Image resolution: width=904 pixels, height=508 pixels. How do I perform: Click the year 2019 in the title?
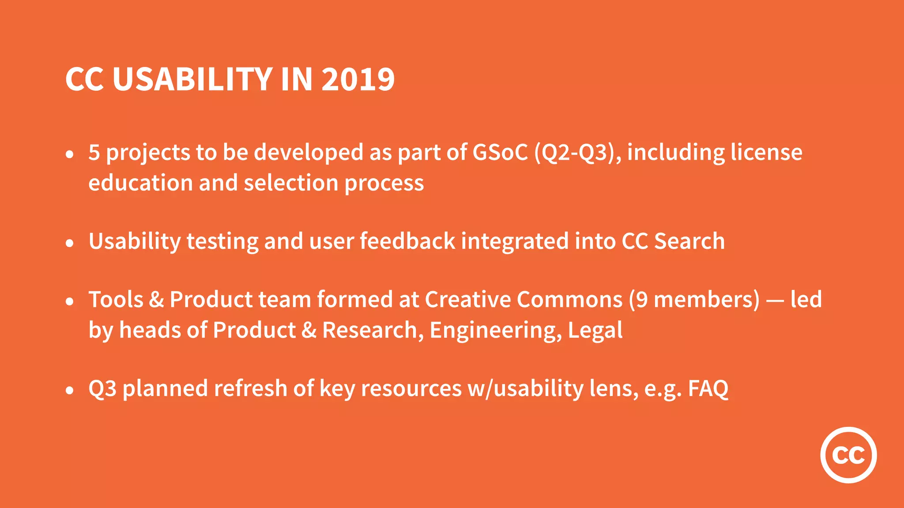tap(358, 79)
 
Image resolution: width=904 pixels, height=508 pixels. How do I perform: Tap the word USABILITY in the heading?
tap(192, 79)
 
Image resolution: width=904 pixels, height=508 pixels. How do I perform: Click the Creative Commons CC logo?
tap(848, 455)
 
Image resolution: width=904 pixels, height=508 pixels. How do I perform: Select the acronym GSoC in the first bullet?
tap(500, 152)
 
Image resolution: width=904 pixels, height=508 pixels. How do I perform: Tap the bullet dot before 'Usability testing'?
tap(69, 243)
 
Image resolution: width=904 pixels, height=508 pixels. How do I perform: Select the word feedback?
tap(407, 241)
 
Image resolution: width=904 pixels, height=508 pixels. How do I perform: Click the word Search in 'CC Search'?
tap(689, 241)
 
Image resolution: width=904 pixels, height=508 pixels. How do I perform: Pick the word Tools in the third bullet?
tap(116, 299)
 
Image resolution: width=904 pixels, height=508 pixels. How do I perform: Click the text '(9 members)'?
tap(694, 299)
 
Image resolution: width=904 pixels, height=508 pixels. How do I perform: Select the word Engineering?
tap(496, 331)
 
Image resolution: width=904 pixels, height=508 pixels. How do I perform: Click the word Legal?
tap(595, 331)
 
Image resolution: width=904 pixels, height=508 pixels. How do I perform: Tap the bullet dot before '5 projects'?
tap(69, 154)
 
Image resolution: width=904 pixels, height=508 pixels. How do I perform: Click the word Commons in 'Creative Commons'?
tap(569, 299)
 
